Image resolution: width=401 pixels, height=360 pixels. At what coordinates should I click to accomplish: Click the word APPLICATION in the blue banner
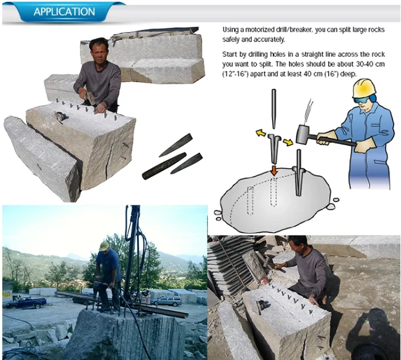click(64, 12)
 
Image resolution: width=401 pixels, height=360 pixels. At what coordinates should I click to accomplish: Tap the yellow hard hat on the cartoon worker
click(364, 88)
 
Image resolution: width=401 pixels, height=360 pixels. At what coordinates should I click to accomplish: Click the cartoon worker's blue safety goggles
click(362, 100)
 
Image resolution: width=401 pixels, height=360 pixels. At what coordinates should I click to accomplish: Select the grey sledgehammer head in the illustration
click(303, 134)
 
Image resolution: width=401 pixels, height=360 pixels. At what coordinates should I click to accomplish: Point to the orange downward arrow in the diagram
click(274, 171)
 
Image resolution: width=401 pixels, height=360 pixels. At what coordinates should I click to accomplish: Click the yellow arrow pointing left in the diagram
click(261, 133)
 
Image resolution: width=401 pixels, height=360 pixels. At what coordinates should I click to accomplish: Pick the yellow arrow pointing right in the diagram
click(288, 142)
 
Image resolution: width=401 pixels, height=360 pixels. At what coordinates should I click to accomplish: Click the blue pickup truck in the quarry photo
click(26, 302)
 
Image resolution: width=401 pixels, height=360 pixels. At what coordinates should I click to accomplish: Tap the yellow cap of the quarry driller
click(104, 246)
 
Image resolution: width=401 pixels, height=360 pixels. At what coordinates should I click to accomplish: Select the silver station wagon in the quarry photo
click(167, 300)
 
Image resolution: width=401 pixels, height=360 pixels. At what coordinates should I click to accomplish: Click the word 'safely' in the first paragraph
click(231, 39)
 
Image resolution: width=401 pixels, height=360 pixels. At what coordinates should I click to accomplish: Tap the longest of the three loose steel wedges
click(164, 166)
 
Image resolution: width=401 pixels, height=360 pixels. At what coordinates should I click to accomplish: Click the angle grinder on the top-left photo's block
click(60, 117)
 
